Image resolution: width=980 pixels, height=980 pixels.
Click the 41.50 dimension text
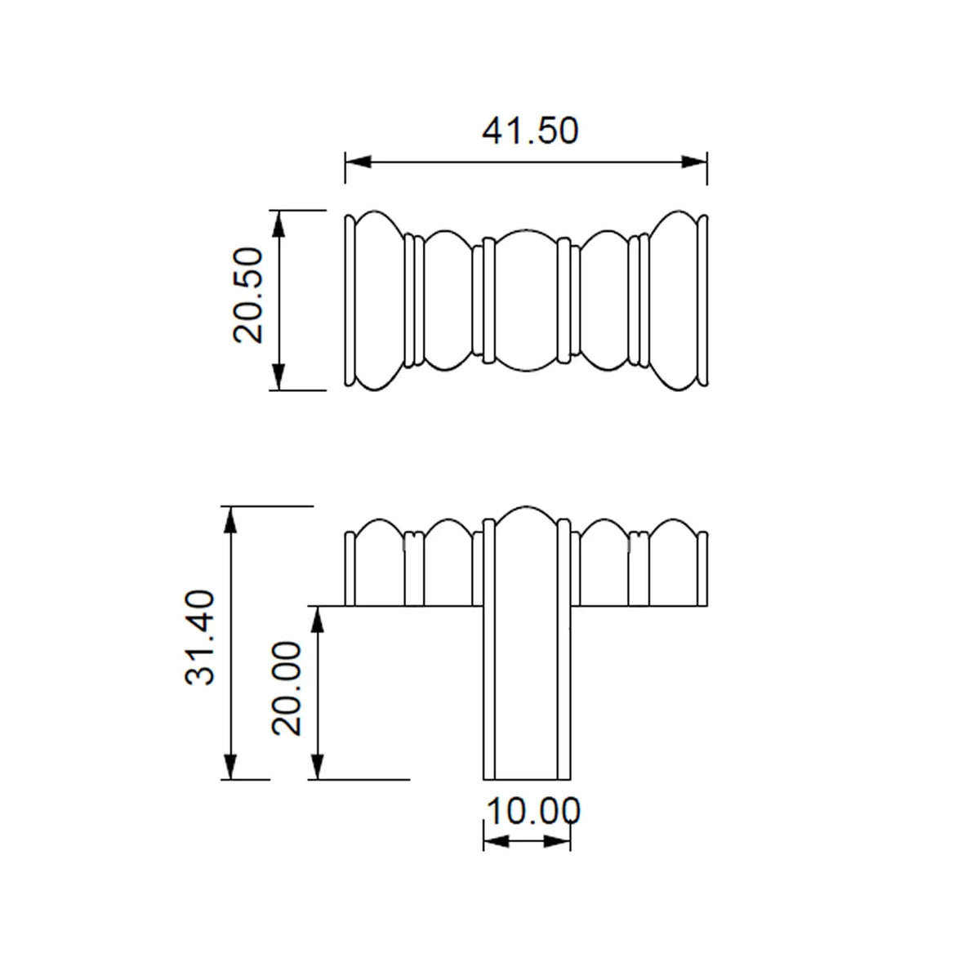(529, 131)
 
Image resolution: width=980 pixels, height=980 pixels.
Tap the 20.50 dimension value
(248, 295)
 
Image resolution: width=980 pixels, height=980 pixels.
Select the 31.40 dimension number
(200, 638)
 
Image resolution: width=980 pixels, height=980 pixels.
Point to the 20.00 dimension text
(287, 688)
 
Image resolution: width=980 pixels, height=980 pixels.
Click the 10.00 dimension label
(532, 811)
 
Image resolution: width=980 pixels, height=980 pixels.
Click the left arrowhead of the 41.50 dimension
(358, 163)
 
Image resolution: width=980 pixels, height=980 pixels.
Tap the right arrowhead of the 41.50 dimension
(694, 163)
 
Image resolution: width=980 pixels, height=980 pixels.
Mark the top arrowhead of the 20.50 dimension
(278, 223)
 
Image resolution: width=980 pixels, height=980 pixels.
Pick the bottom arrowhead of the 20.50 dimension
(278, 377)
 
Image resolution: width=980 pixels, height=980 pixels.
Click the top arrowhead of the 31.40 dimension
(230, 519)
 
